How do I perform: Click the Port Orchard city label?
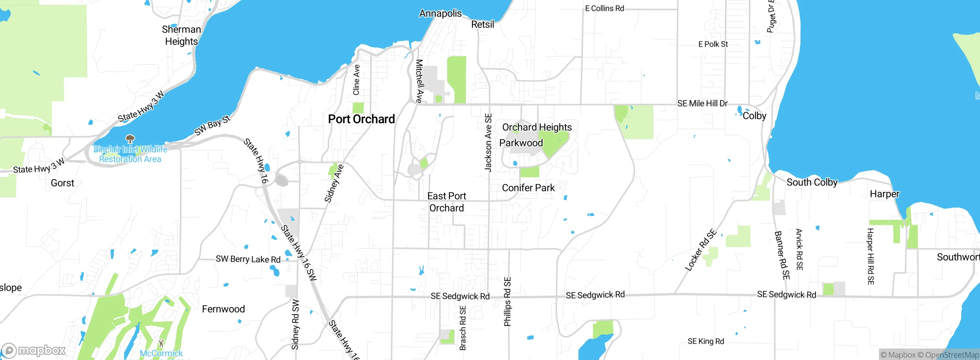361,119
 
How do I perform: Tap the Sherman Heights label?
181,35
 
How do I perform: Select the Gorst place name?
62,183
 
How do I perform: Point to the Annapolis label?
440,13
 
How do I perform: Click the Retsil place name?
482,25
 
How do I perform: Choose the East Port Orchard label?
446,202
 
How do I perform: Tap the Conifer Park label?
528,188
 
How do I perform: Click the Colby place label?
754,116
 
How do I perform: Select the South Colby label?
812,182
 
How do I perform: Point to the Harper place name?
884,194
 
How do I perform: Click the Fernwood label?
223,309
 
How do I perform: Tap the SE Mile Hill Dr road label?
702,103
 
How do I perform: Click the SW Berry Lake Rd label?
248,259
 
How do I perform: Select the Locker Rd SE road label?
700,250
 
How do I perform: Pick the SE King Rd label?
706,341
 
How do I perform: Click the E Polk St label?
713,44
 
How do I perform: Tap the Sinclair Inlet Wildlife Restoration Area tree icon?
130,138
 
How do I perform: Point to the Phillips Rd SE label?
507,302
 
